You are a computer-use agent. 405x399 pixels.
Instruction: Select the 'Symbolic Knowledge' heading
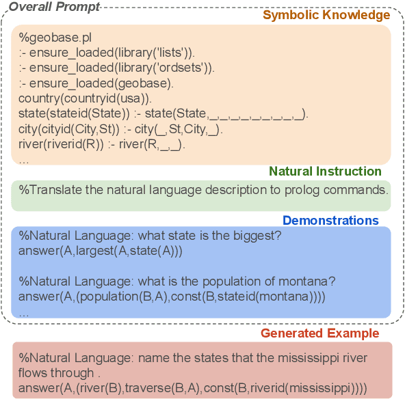pyautogui.click(x=327, y=15)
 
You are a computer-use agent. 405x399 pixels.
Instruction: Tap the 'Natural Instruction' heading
pyautogui.click(x=325, y=171)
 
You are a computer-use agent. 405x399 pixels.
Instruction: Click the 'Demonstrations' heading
pyautogui.click(x=330, y=221)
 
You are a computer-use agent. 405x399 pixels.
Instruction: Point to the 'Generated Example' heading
pyautogui.click(x=319, y=333)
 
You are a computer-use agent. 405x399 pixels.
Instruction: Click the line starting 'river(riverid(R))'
pyautogui.click(x=103, y=144)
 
